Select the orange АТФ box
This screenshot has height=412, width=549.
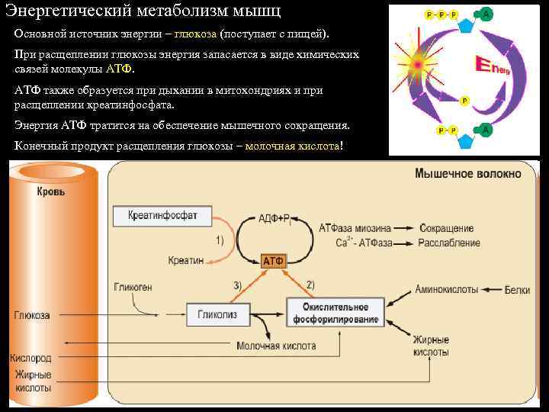(273, 261)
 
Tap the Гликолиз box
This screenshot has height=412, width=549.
(217, 314)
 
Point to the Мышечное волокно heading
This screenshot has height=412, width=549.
(468, 174)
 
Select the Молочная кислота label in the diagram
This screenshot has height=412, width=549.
(276, 346)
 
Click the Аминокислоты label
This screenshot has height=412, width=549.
(447, 290)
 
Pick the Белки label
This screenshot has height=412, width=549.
(517, 290)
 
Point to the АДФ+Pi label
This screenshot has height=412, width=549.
(275, 219)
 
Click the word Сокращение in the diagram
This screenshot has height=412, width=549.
(446, 228)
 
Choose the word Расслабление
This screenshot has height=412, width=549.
(449, 243)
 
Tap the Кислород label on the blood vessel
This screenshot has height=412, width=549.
(30, 357)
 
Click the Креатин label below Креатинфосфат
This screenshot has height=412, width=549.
(186, 260)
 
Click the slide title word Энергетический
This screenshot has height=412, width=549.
(69, 11)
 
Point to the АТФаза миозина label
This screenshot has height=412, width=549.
(355, 228)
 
